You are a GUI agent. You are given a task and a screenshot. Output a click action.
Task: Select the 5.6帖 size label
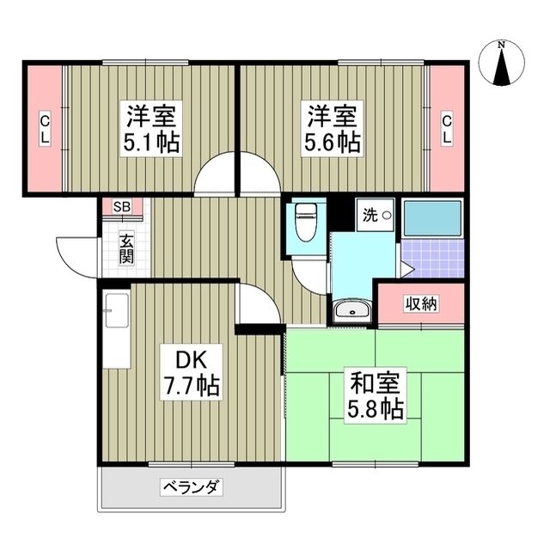pos(332,142)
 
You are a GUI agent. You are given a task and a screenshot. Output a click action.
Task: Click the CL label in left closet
pos(43,129)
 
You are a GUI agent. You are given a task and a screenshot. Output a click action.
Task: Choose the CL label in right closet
pos(447,129)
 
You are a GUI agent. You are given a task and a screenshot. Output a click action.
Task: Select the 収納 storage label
pos(422,304)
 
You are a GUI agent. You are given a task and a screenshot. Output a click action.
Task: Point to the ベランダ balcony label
pos(191,489)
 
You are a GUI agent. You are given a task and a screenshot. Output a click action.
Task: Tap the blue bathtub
pos(432,219)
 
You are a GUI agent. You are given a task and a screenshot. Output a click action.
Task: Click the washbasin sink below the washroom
pos(352,312)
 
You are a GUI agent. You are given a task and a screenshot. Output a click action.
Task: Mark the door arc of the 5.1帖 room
pos(215,176)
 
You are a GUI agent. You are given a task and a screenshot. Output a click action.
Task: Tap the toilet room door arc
pos(308,273)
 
